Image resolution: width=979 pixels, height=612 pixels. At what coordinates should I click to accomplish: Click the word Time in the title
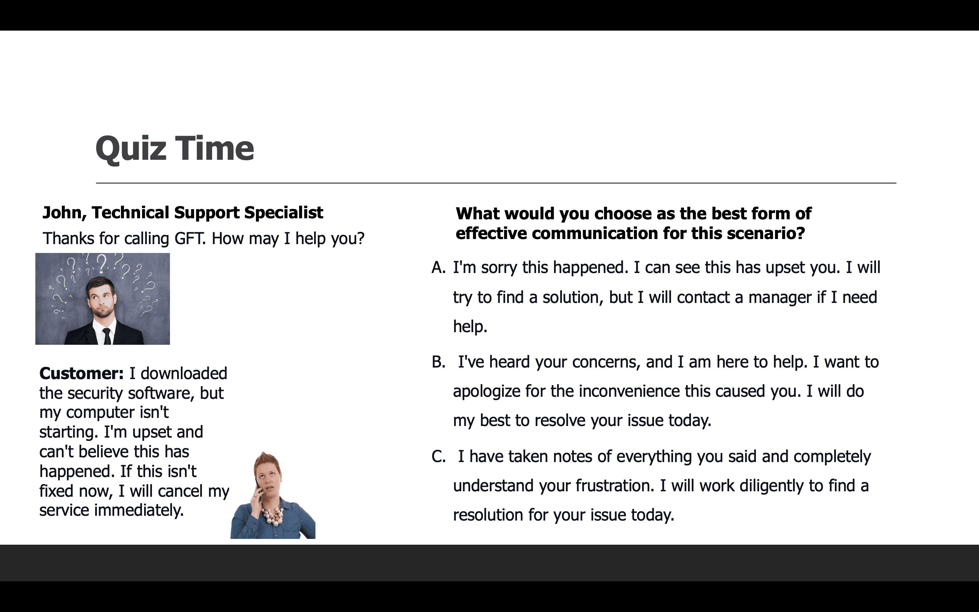(x=215, y=148)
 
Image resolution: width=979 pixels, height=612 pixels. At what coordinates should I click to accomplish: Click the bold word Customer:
(x=81, y=373)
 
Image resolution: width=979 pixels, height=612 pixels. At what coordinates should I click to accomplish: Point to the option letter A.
(x=439, y=268)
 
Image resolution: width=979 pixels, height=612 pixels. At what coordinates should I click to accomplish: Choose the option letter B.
(x=439, y=362)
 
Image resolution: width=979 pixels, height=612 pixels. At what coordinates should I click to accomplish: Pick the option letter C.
(x=439, y=457)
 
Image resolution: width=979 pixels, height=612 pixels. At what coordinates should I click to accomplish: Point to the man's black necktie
(x=107, y=336)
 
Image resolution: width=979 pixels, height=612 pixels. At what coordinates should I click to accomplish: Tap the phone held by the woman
(x=258, y=488)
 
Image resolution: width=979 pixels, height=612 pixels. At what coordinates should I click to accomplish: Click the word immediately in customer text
(x=138, y=510)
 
